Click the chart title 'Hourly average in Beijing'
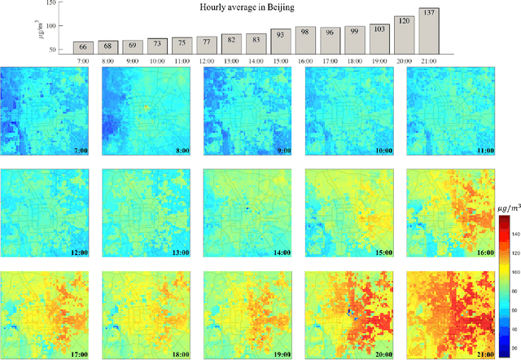(x=247, y=7)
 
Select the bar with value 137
(x=429, y=31)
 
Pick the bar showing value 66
(x=84, y=47)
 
